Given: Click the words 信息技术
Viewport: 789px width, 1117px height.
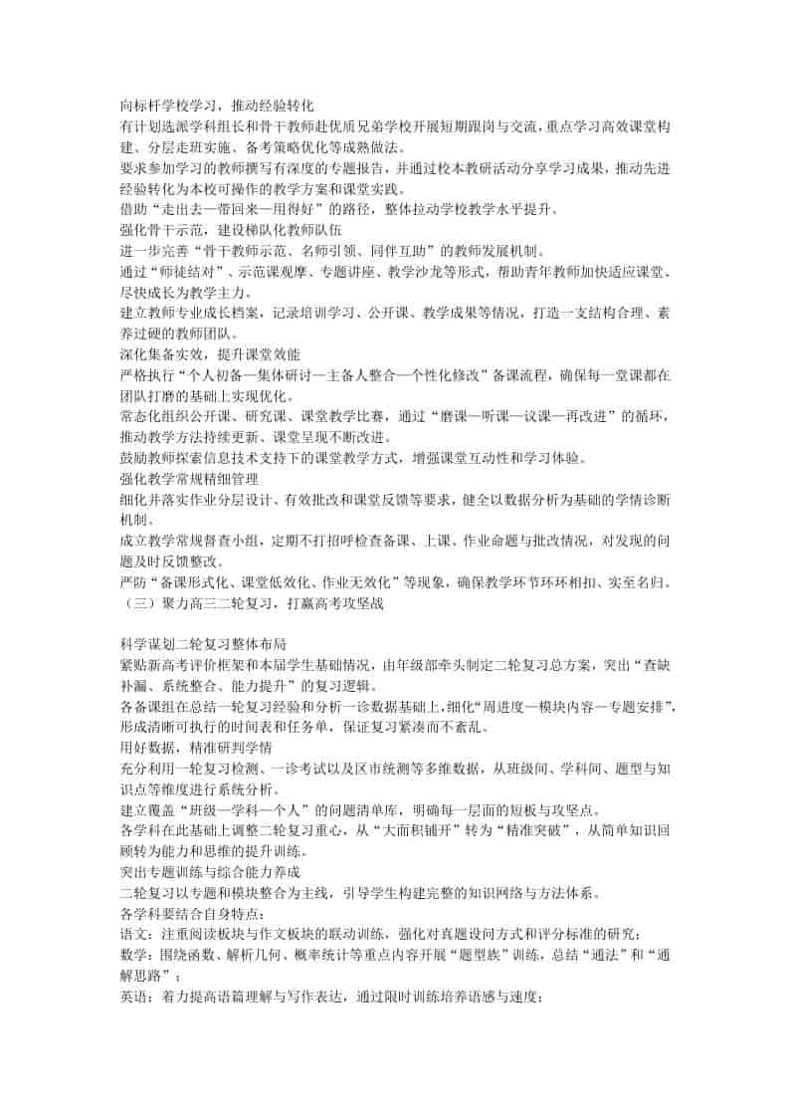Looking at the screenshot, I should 258,459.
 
